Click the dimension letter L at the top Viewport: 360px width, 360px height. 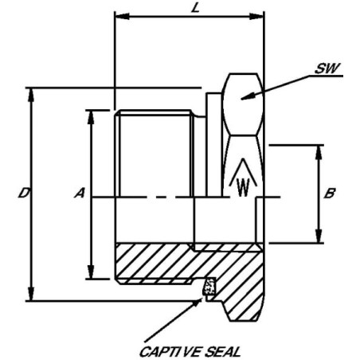[x=195, y=8]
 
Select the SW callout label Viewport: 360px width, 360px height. [x=327, y=68]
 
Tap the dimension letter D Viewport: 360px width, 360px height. [x=24, y=193]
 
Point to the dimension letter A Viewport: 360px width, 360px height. [x=80, y=193]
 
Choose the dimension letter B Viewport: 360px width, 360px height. [x=330, y=194]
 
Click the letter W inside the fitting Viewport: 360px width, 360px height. [x=243, y=187]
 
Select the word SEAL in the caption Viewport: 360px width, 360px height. [x=223, y=352]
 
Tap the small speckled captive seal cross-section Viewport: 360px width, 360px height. [x=209, y=286]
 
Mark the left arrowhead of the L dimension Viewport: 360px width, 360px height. [x=122, y=17]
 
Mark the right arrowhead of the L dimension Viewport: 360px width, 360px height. [x=256, y=17]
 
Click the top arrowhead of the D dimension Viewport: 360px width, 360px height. [x=31, y=95]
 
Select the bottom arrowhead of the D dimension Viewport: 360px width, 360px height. [x=31, y=293]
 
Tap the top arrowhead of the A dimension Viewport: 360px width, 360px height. [x=91, y=117]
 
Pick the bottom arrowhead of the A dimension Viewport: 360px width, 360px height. [x=91, y=272]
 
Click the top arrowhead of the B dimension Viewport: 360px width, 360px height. [x=319, y=152]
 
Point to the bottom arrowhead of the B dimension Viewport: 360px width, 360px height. [x=319, y=236]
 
